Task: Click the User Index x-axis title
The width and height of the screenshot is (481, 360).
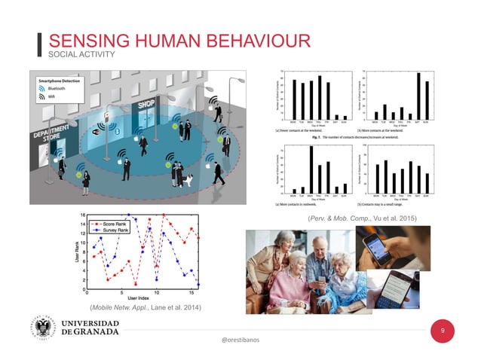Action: [142, 298]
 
